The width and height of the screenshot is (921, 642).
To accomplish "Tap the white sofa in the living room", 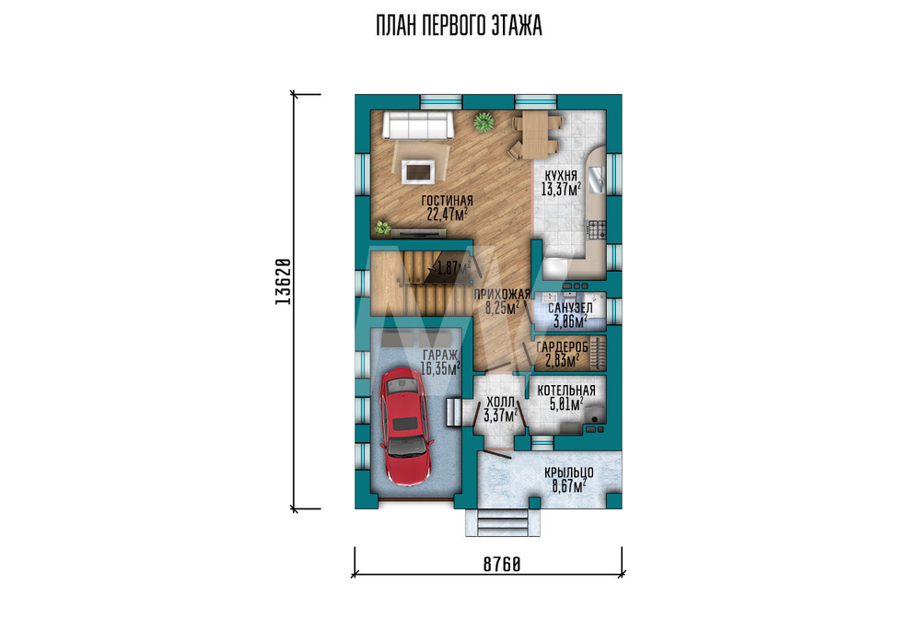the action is click(417, 125).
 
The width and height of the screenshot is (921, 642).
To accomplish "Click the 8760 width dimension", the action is click(502, 565).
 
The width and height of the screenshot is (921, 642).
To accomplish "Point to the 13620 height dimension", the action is click(283, 281).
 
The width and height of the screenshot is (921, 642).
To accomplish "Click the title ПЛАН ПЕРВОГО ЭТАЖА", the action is click(459, 27).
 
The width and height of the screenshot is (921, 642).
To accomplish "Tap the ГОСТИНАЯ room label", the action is click(447, 202).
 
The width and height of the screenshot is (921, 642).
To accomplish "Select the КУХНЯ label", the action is click(561, 176).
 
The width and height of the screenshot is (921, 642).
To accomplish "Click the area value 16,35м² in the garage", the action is click(440, 368).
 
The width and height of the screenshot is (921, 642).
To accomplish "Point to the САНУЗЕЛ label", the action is click(570, 309).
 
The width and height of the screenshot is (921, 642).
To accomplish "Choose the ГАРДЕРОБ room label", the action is click(562, 348).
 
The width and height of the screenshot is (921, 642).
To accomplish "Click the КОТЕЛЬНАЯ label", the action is click(566, 391).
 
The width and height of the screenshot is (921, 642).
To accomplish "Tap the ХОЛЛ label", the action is click(500, 403).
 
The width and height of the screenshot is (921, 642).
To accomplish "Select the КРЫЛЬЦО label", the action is click(568, 473).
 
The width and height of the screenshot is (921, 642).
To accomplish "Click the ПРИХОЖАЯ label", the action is click(502, 294).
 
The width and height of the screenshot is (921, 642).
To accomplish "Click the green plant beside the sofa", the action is click(484, 123).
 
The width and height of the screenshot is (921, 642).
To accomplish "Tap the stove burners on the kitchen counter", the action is click(597, 229).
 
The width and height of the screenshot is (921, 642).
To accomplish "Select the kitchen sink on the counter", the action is click(596, 180).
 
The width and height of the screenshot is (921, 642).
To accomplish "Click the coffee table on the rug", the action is click(419, 171).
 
